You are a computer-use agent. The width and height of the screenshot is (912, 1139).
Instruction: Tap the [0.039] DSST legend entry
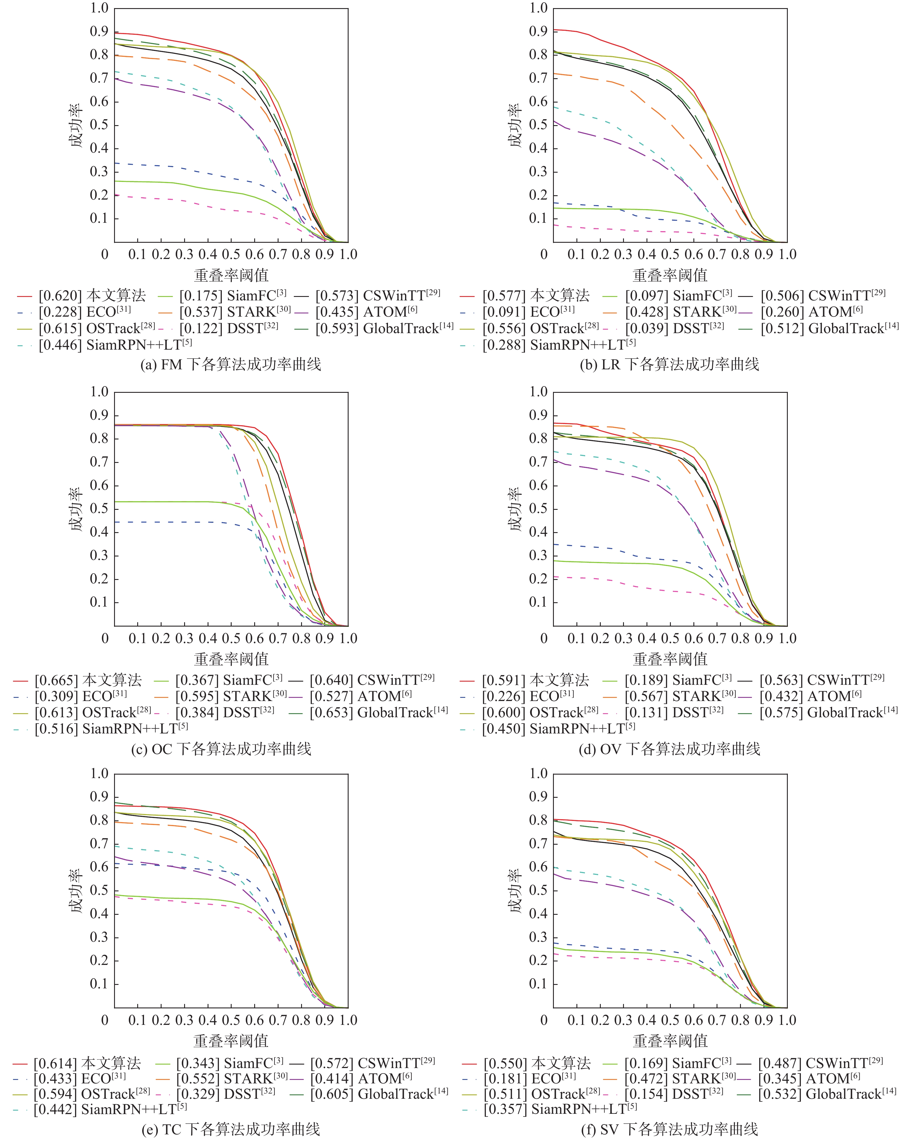click(x=674, y=328)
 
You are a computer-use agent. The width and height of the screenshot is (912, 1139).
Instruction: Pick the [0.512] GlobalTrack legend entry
click(x=829, y=328)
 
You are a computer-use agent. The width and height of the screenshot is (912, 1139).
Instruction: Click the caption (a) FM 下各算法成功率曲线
click(x=231, y=364)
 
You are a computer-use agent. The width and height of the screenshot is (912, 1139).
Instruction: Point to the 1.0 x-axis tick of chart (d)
click(x=787, y=638)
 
